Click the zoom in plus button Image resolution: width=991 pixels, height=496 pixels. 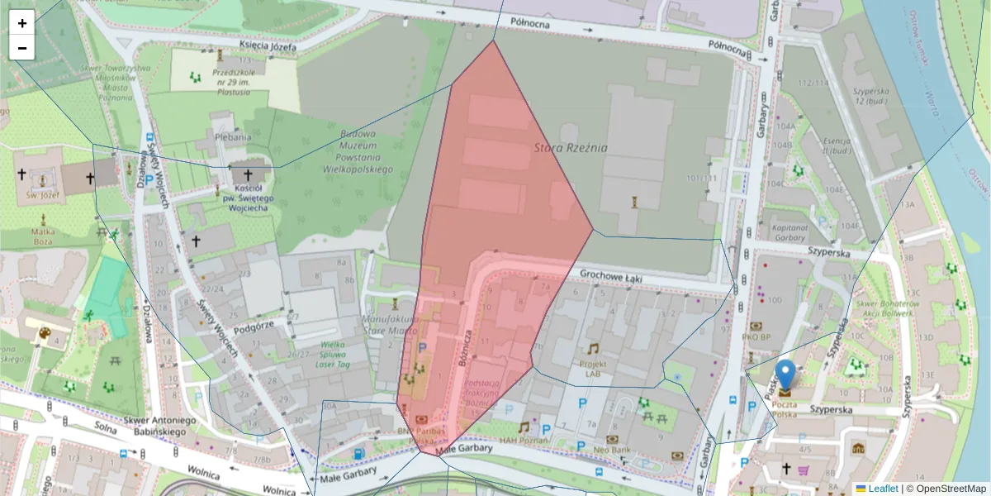[x=22, y=23]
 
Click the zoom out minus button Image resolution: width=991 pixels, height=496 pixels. [x=22, y=48]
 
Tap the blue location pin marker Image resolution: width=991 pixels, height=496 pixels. [x=785, y=374]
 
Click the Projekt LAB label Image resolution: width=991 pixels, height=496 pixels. [x=593, y=368]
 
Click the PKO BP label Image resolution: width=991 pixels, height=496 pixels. [x=755, y=336]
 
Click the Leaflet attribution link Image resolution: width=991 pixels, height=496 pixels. [x=882, y=489]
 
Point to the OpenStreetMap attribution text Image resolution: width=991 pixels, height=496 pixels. [x=946, y=489]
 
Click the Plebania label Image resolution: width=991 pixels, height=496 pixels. [x=232, y=137]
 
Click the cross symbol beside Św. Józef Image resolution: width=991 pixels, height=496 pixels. [x=21, y=174]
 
